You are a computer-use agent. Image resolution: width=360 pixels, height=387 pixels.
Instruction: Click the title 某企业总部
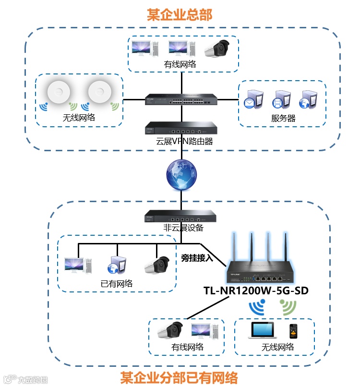point(180,15)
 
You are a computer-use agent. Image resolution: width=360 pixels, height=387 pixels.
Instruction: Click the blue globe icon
point(181,174)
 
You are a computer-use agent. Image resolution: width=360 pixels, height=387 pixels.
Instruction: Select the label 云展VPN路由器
point(181,142)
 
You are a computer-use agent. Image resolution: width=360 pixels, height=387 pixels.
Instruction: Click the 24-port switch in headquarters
point(181,100)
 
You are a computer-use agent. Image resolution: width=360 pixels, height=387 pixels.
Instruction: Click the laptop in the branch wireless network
point(262,331)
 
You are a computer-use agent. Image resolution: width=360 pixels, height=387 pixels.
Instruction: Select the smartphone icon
point(293,331)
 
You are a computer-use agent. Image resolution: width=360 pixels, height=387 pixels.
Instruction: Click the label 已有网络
point(117,283)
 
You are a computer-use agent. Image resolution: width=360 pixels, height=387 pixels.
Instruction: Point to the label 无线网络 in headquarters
point(79,118)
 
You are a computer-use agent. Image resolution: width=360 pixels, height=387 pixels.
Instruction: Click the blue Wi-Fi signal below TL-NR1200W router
point(257,307)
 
